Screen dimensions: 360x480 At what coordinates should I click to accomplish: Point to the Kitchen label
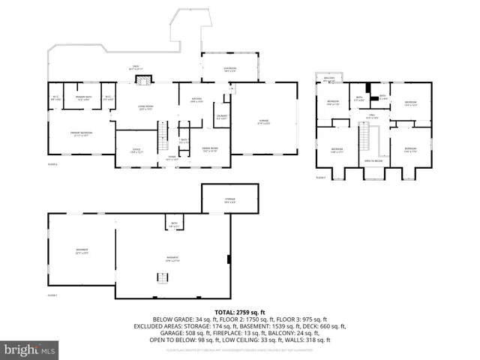(196, 100)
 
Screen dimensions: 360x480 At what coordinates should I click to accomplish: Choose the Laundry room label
(222, 117)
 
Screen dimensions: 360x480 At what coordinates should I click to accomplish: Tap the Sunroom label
(230, 70)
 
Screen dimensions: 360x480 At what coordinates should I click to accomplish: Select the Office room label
(136, 150)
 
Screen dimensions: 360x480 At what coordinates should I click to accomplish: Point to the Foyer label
(171, 158)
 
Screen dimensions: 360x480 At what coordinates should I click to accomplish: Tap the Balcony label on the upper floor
(328, 77)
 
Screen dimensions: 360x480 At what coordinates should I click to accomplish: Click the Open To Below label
(373, 160)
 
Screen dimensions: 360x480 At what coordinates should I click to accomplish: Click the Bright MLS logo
(29, 349)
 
